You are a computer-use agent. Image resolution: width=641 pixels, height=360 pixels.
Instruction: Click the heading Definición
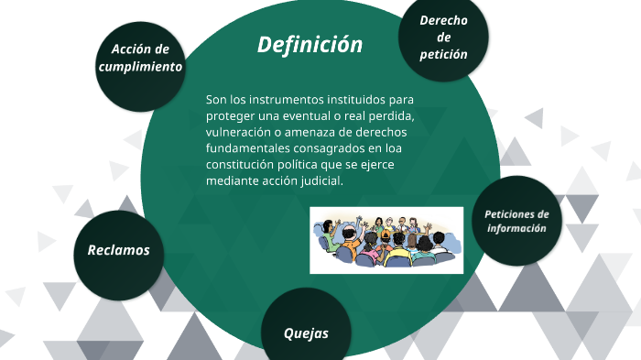point(310,45)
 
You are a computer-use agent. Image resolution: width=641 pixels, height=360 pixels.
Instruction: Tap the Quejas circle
point(306,333)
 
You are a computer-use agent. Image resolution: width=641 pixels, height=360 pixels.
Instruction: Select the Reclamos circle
point(118,250)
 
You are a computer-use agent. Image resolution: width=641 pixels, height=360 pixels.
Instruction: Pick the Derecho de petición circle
point(444,38)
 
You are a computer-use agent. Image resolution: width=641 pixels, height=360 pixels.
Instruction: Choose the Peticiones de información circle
point(516,221)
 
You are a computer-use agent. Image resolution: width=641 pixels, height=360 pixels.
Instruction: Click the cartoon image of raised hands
point(382,239)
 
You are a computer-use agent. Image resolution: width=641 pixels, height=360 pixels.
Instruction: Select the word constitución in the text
point(244,165)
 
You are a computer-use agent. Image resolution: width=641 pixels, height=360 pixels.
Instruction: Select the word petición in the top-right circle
point(444,55)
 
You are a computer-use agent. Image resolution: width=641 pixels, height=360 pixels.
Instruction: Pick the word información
point(516,229)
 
